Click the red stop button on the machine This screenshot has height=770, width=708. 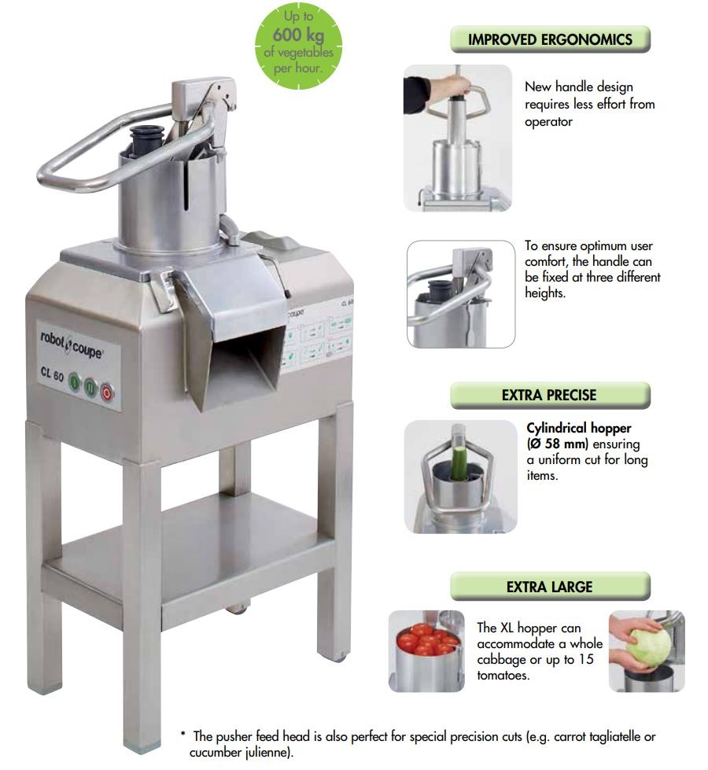tap(107, 392)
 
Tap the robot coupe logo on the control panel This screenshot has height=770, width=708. tap(72, 345)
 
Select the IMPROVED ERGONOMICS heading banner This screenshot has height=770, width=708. tap(551, 39)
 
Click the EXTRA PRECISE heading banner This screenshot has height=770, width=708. tap(551, 396)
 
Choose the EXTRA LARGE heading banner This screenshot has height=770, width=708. tap(551, 586)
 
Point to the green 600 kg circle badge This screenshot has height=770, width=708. tap(298, 46)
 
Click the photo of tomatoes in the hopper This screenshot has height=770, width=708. tap(426, 651)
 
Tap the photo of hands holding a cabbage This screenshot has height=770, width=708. tap(647, 651)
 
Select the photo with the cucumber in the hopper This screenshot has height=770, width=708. tap(460, 477)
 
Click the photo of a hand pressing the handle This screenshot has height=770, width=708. tap(457, 138)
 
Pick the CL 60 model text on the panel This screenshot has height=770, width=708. tap(52, 374)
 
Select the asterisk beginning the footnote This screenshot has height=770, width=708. tap(183, 735)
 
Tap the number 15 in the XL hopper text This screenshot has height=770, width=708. tap(585, 659)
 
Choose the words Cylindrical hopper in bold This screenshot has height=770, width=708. tap(579, 428)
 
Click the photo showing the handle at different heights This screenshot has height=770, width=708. tap(461, 294)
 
